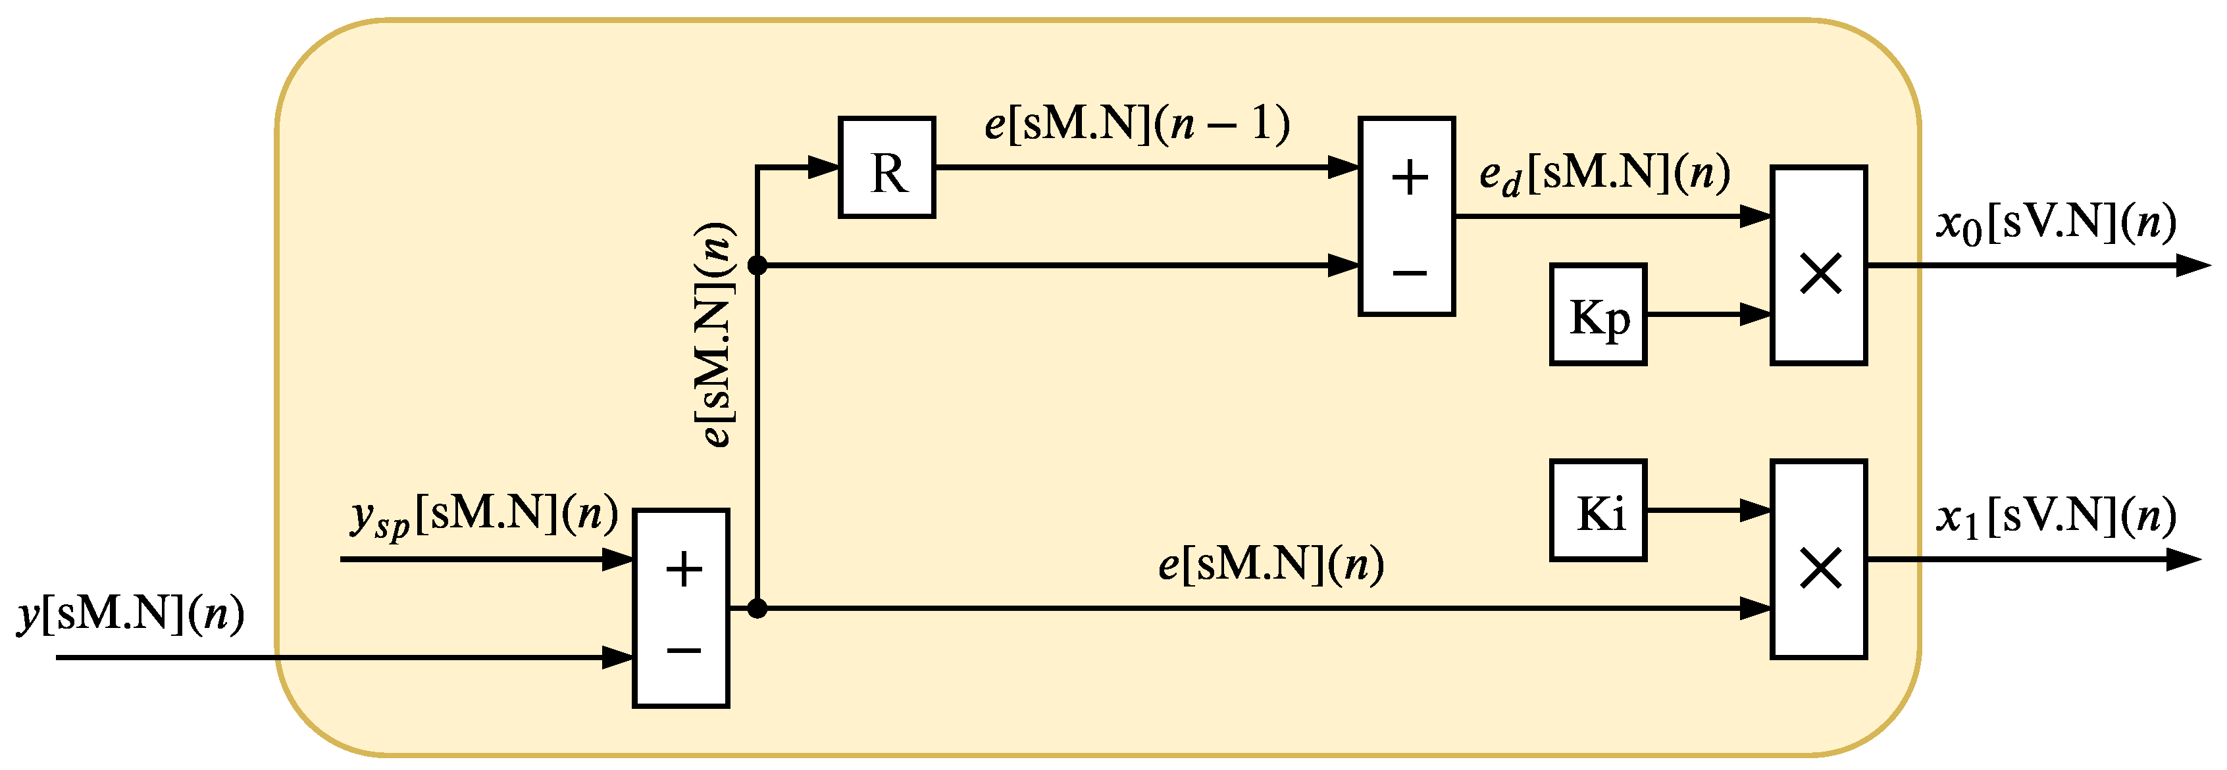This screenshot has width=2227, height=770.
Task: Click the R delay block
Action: [x=886, y=168]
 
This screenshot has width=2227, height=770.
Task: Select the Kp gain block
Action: [x=1598, y=314]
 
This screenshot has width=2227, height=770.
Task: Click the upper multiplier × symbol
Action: [x=1820, y=274]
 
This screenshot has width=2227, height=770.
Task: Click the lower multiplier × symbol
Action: [x=1820, y=569]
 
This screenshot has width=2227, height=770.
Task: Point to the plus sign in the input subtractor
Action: [x=684, y=569]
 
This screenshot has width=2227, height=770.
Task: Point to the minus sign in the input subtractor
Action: [x=684, y=649]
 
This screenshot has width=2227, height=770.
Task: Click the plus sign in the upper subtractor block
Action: [x=1409, y=178]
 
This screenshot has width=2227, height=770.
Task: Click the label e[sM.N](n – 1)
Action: [x=1136, y=124]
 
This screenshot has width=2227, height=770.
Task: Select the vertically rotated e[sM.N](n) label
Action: [x=717, y=335]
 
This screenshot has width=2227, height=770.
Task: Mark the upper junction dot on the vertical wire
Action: [x=757, y=265]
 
